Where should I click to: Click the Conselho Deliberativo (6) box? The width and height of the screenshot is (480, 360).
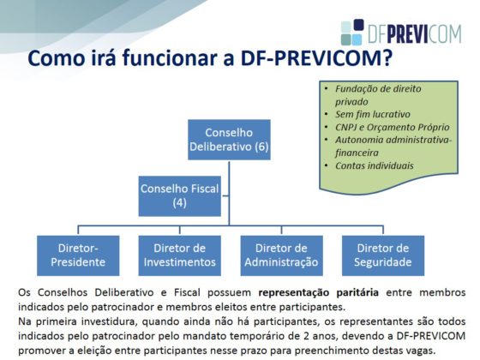click(229, 140)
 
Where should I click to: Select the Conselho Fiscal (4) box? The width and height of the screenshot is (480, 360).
click(180, 196)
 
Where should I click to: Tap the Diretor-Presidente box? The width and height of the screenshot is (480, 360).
click(78, 255)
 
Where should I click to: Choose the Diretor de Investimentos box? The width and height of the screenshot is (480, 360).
click(180, 255)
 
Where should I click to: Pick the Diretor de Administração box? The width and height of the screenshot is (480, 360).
click(281, 255)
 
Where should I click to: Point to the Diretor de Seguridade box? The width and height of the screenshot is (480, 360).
click(383, 255)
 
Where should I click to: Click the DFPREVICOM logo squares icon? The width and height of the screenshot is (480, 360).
click(352, 33)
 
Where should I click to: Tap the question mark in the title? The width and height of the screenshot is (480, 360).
click(387, 58)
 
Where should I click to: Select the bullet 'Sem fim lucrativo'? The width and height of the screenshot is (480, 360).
click(373, 114)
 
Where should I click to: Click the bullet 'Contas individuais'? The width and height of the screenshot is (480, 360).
click(374, 165)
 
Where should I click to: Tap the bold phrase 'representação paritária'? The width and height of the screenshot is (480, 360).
click(318, 292)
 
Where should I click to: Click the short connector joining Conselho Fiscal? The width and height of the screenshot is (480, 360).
click(225, 196)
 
